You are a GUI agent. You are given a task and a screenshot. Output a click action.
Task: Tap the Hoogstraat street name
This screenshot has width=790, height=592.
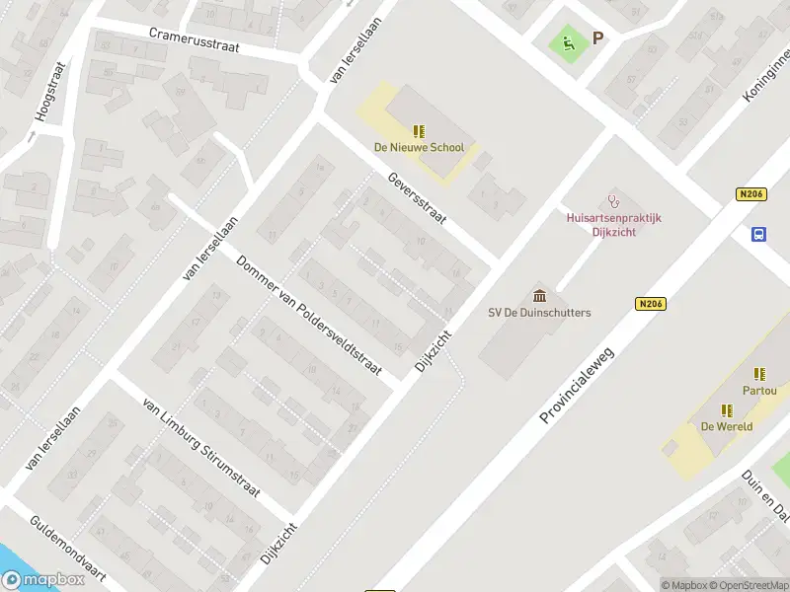point(50,92)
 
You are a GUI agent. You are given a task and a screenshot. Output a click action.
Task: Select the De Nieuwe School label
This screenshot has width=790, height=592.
point(418,148)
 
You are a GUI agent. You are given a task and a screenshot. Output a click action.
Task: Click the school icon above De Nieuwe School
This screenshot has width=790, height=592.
point(419,131)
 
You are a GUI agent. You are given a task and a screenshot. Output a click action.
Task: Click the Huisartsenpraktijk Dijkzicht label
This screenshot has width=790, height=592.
point(613,223)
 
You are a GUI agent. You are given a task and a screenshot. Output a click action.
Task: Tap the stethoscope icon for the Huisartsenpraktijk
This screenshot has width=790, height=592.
point(613,200)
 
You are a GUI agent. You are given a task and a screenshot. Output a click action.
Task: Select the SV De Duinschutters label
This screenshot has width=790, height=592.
point(539,313)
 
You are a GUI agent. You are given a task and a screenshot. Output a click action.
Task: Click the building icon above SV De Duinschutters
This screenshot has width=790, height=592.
point(539,295)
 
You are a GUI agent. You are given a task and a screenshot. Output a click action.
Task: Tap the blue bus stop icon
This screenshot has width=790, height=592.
point(759,234)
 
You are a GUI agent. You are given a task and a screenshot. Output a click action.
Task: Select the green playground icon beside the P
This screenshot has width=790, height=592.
point(567,41)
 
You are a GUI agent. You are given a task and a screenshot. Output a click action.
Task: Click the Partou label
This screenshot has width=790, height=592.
point(759,391)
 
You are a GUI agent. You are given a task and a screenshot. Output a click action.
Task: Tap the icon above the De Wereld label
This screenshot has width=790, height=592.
point(727,409)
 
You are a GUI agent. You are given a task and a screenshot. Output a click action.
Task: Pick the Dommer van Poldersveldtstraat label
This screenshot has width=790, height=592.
point(309,315)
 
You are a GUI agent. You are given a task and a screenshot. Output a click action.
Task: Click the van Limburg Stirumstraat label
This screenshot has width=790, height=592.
point(201,449)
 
